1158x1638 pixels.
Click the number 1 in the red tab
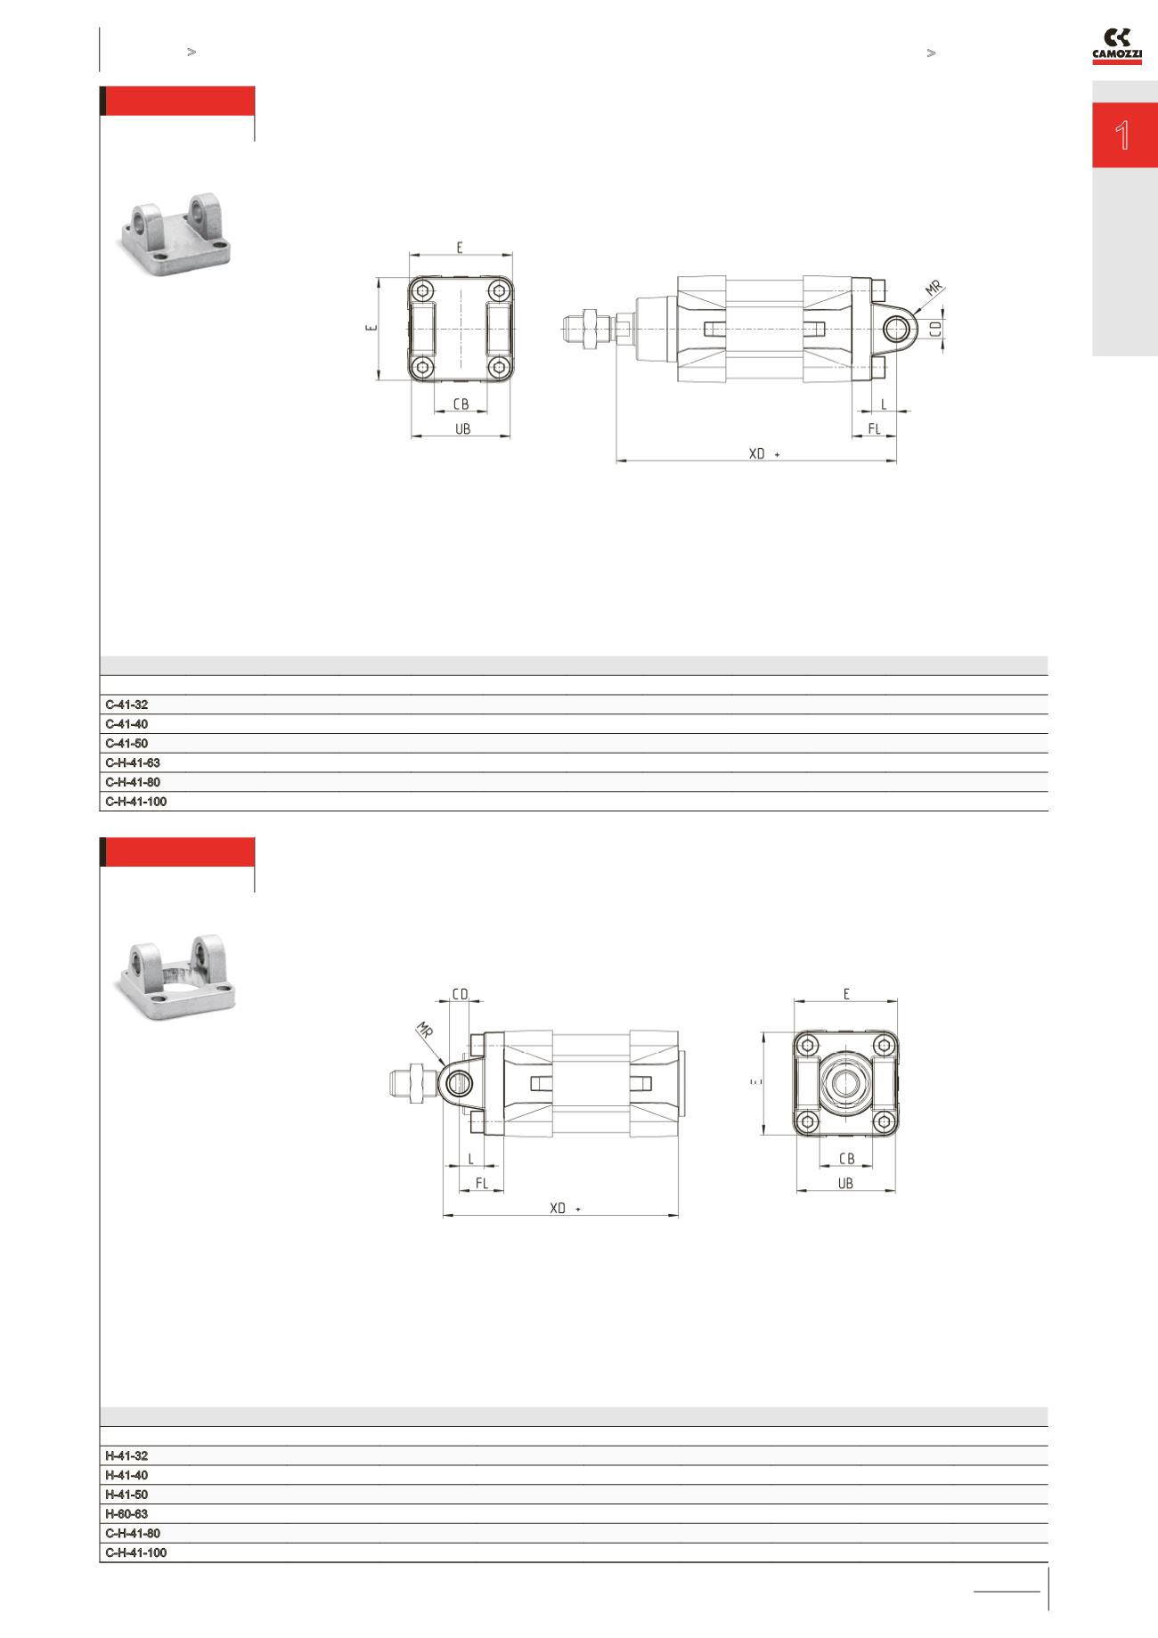(x=1123, y=135)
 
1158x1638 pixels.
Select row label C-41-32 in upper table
(x=126, y=705)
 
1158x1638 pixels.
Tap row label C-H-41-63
(x=133, y=762)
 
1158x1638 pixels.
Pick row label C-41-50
(x=126, y=743)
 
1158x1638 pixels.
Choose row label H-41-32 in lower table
(x=126, y=1455)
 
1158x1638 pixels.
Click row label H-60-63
(x=126, y=1513)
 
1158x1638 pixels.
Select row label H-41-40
(x=126, y=1475)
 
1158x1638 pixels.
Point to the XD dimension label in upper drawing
(x=757, y=453)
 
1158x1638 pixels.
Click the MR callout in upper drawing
(x=933, y=289)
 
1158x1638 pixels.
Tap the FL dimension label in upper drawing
(x=874, y=428)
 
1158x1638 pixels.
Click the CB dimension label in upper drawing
(x=461, y=404)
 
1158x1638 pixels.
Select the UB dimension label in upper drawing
(x=461, y=428)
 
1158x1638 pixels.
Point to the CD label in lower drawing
(x=460, y=993)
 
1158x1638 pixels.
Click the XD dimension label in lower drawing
(x=559, y=1208)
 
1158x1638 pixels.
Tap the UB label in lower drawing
(x=845, y=1184)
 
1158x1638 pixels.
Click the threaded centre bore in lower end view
(x=844, y=1084)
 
